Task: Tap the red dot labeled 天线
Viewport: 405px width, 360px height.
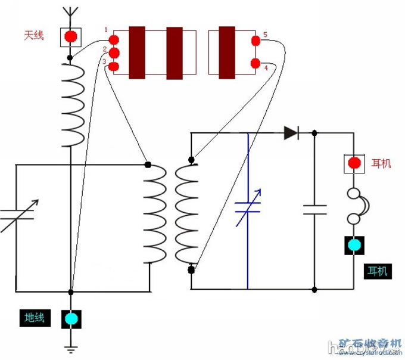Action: pos(70,36)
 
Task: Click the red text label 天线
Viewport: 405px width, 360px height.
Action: pos(33,36)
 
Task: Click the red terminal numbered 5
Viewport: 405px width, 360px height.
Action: pos(256,41)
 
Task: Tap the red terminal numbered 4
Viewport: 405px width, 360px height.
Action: pos(256,63)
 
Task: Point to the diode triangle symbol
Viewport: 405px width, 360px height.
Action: pos(291,133)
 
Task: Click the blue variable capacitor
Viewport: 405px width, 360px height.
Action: pos(248,206)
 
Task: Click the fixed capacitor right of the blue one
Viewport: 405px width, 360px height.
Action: pos(314,209)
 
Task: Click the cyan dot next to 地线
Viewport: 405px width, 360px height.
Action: pos(71,318)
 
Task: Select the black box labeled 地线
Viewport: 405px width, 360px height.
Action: pos(35,318)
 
